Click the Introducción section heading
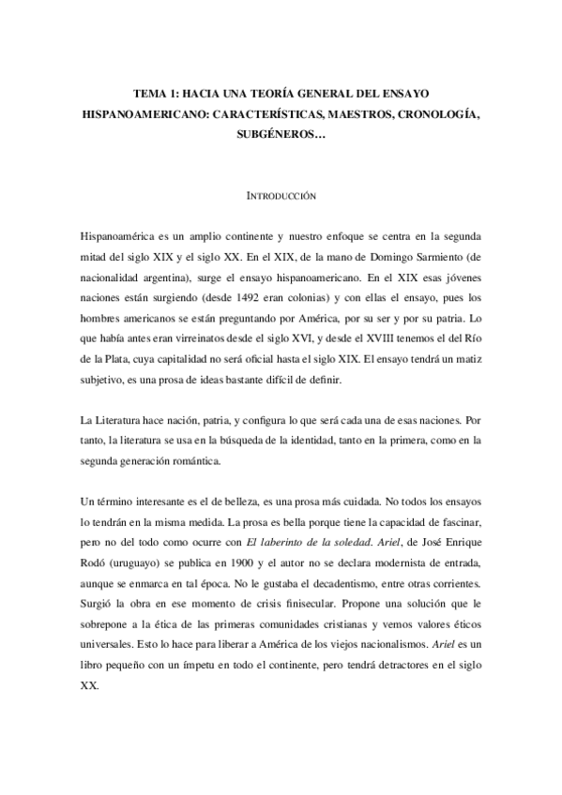(x=281, y=198)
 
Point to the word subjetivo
(x=109, y=380)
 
